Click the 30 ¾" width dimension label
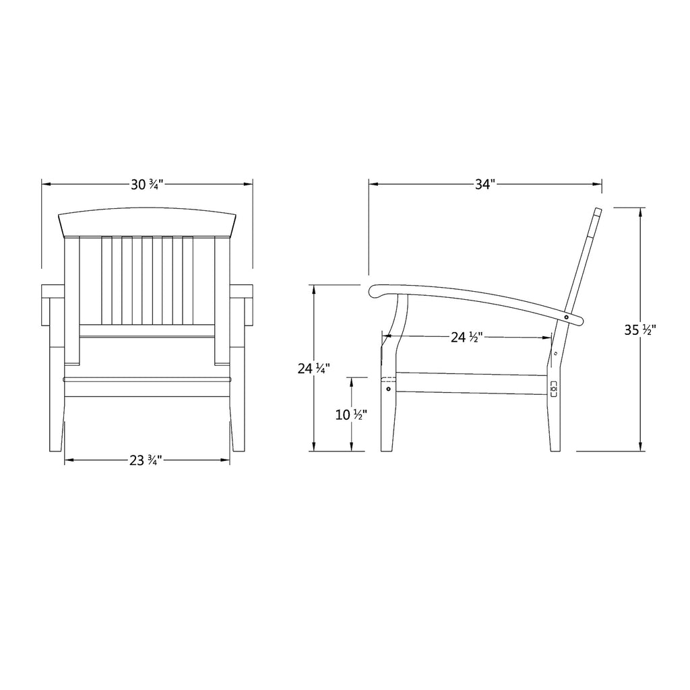147,185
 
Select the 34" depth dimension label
485,185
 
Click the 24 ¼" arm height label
314,369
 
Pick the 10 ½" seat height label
351,414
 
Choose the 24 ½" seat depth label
467,338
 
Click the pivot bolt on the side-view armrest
566,317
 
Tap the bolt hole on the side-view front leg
388,389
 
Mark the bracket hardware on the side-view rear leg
554,389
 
